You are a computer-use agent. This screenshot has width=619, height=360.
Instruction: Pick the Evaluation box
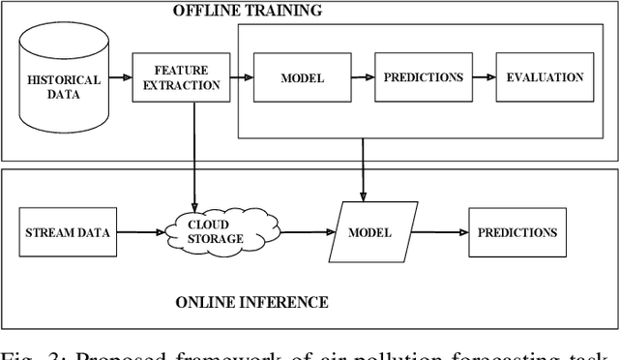point(545,77)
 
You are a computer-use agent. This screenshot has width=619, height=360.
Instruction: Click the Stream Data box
point(66,232)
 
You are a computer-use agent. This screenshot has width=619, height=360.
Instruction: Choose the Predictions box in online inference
point(516,232)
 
